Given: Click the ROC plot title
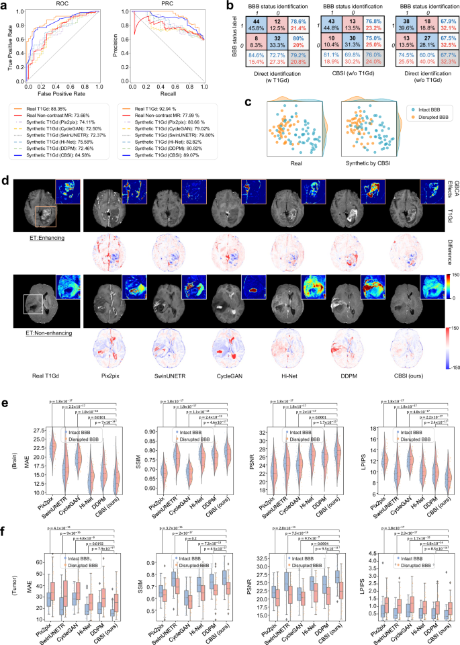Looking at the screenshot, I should [61, 5].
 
